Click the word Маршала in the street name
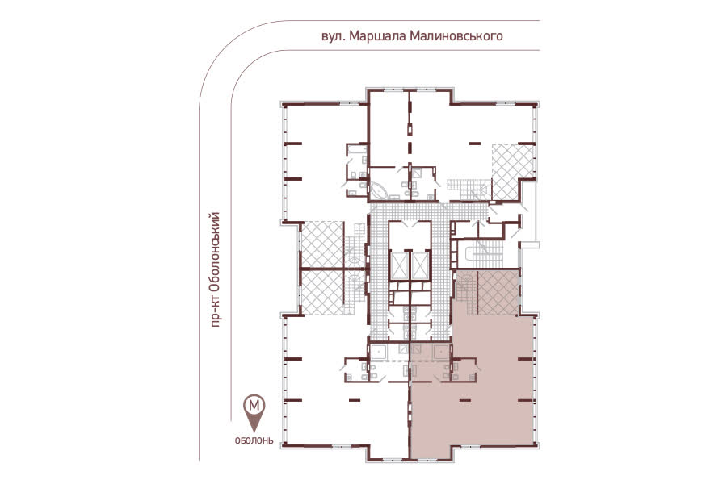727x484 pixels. (377, 36)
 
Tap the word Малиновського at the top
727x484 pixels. (456, 36)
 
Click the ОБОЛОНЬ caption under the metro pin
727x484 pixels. (254, 441)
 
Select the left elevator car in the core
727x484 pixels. (399, 266)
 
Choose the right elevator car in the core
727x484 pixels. (421, 266)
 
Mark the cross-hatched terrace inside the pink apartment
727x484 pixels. (498, 293)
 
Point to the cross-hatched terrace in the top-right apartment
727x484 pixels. (513, 172)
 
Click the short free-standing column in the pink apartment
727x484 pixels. (465, 398)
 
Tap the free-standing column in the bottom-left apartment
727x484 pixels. (355, 399)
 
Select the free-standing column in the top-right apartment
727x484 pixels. (474, 144)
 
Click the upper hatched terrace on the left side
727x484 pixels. (323, 244)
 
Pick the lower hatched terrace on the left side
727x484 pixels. (323, 292)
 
